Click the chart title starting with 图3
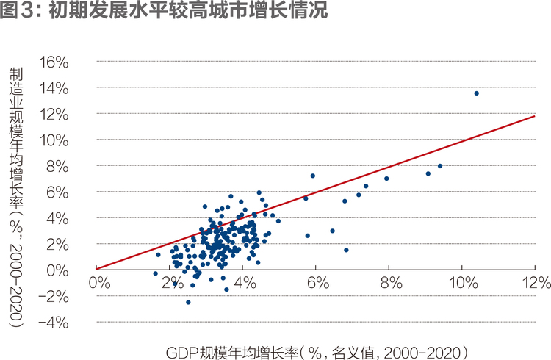click(x=164, y=10)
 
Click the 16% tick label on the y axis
click(x=54, y=62)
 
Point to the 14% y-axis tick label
click(x=54, y=88)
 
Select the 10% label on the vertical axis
click(x=54, y=140)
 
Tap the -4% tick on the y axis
click(x=53, y=323)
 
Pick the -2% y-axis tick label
click(x=53, y=296)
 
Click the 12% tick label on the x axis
click(x=536, y=282)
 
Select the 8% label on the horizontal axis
click(x=391, y=282)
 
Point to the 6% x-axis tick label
click(x=318, y=282)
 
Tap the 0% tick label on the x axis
click(x=99, y=282)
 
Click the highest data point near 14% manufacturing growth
click(x=477, y=93)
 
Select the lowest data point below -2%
click(x=188, y=302)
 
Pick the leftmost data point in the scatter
click(x=155, y=273)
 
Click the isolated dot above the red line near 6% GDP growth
click(x=313, y=176)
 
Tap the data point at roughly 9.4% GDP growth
click(x=440, y=165)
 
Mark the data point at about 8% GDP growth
click(x=386, y=179)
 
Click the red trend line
click(x=315, y=192)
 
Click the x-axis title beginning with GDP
click(x=317, y=352)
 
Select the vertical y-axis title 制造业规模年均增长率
click(x=16, y=197)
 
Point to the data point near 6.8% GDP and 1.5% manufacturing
click(x=346, y=250)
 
